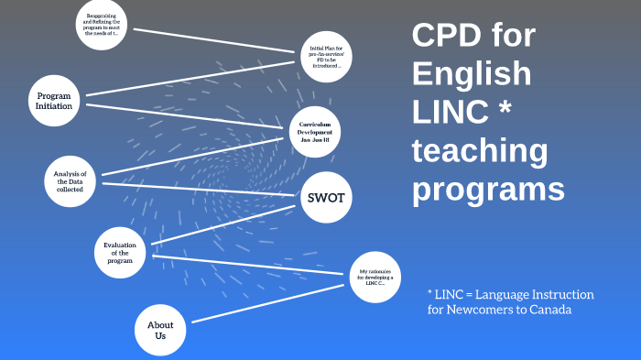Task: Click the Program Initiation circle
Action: [54, 101]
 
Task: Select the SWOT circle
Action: [326, 197]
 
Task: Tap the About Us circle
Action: [160, 331]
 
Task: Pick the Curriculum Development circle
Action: [314, 133]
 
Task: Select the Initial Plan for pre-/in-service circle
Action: [327, 56]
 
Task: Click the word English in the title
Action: [471, 74]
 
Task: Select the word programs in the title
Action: [487, 189]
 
